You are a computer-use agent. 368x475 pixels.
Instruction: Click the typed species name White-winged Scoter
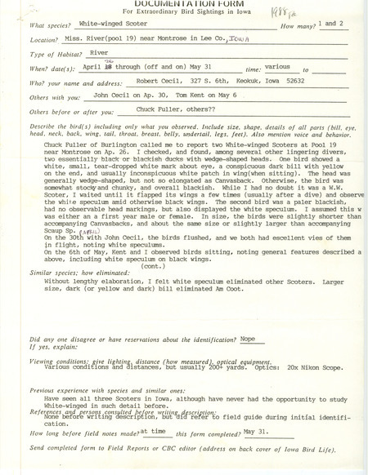click(116, 26)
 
